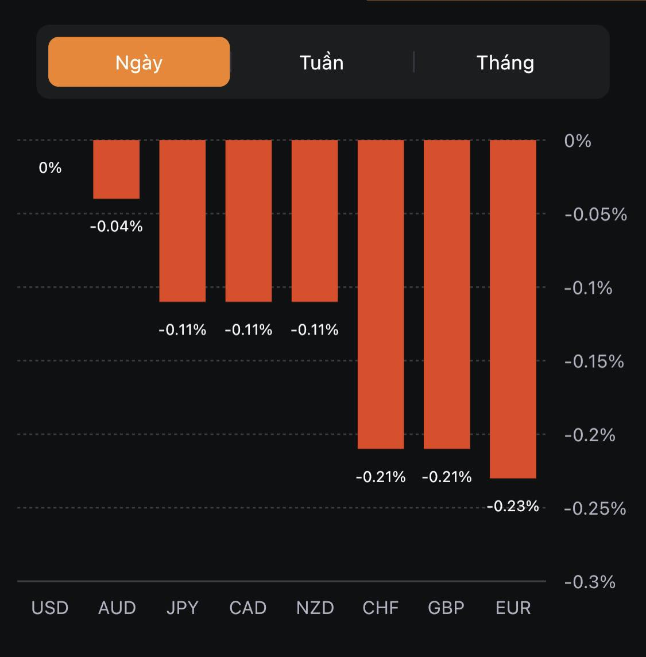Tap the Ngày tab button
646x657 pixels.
pos(139,62)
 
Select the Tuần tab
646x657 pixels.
pos(322,62)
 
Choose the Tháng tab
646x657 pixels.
pos(505,62)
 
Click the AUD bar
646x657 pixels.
pos(117,169)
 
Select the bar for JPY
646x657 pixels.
pos(183,221)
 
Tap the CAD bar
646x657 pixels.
pos(249,221)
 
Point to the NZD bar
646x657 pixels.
pos(315,221)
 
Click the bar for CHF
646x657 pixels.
pos(381,294)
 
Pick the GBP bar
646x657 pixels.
pos(447,294)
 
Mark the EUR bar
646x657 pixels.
pos(513,309)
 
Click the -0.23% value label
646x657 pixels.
pos(513,506)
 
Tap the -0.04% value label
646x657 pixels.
pos(117,227)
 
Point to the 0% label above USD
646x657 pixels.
pos(50,168)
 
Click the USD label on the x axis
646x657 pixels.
pos(50,608)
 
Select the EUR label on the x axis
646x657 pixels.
pos(513,608)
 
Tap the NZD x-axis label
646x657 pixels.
pos(315,608)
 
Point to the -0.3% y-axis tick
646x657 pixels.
pos(590,582)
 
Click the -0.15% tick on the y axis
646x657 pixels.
pos(594,361)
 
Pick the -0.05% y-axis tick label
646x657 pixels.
pos(595,215)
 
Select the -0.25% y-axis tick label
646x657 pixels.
pos(595,508)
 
